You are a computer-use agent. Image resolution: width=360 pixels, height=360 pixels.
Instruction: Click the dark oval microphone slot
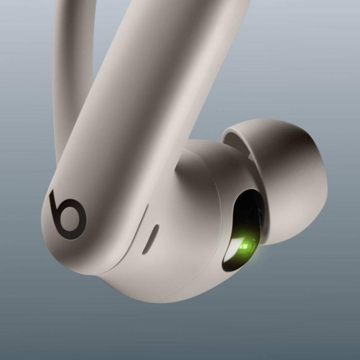point(150,239)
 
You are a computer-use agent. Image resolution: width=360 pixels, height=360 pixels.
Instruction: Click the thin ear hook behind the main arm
point(67,77)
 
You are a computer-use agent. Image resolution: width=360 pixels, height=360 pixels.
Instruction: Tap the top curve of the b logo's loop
point(72,201)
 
